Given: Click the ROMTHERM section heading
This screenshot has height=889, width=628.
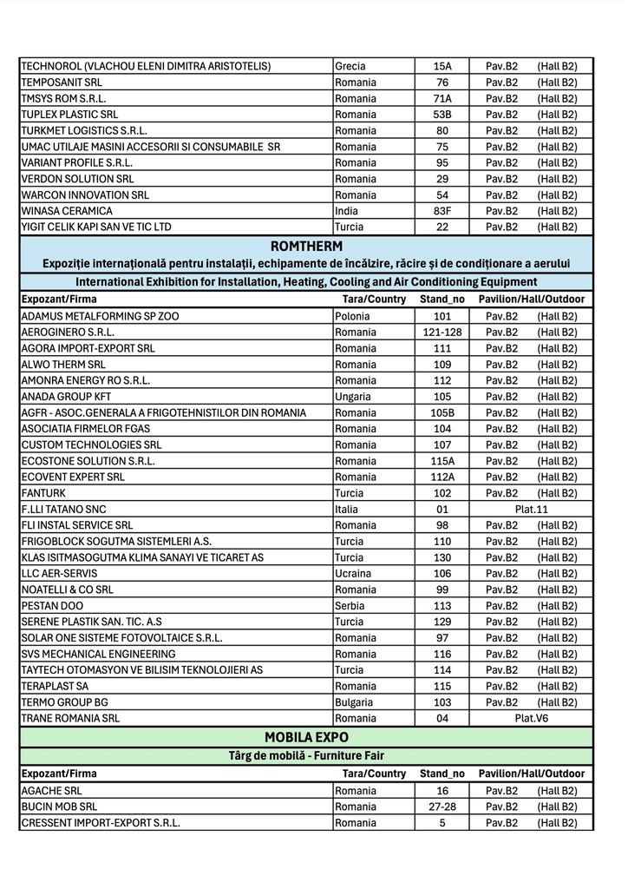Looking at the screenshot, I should (306, 247).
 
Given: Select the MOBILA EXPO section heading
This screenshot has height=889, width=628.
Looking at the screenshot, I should (306, 737).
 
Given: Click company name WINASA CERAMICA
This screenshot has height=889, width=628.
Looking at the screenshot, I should (67, 211).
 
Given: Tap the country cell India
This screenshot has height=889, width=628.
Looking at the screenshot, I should (346, 211).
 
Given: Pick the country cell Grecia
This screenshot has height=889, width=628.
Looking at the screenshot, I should (350, 66).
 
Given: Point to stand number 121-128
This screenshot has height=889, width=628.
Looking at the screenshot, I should (442, 333).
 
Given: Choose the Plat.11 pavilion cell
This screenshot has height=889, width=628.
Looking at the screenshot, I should (531, 510).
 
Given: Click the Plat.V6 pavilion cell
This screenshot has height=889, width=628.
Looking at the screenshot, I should (531, 718).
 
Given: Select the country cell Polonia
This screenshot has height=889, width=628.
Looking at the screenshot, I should (352, 317).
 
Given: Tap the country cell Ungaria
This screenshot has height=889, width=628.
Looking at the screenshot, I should (353, 397).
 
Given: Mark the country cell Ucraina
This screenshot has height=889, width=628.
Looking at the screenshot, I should (353, 574).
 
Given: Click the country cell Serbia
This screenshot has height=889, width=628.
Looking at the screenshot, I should (349, 606).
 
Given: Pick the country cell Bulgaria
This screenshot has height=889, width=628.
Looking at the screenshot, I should (354, 702).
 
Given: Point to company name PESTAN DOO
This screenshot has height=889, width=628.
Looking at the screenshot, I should (52, 606).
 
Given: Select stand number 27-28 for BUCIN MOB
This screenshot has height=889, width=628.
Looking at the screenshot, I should (442, 807).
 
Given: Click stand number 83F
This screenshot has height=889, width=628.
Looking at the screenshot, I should (442, 211).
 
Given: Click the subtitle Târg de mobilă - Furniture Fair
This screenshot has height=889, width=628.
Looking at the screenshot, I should (306, 756).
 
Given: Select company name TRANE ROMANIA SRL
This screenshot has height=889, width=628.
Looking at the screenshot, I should (70, 718).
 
